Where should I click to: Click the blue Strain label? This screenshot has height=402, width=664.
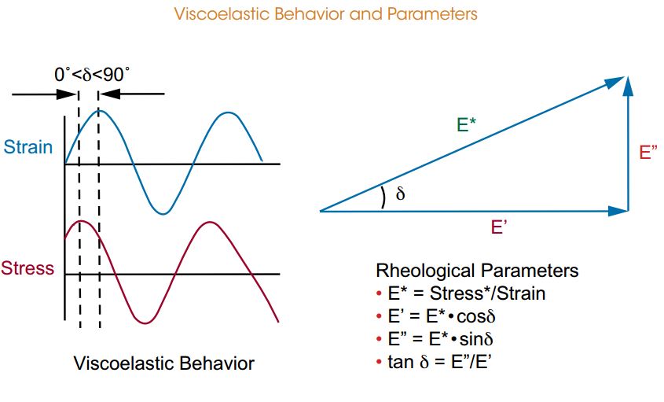click(x=28, y=147)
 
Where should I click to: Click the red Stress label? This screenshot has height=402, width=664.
click(x=28, y=268)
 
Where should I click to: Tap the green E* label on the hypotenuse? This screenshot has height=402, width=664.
click(x=466, y=124)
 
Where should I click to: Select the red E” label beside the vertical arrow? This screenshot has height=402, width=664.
click(x=648, y=153)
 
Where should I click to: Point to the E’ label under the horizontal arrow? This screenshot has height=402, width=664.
click(x=499, y=227)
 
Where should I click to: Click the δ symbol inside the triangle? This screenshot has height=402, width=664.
click(x=400, y=194)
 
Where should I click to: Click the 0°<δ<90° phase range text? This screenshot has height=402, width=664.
click(x=92, y=75)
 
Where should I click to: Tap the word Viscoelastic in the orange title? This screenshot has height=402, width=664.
click(x=222, y=14)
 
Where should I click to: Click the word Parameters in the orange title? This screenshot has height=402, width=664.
click(x=432, y=14)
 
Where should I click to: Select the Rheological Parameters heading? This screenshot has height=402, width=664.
click(x=477, y=270)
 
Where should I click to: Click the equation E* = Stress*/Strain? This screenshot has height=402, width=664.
click(x=466, y=293)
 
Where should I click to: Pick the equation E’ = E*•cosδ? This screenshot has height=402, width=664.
click(x=442, y=316)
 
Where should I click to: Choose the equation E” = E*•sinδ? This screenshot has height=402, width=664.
click(x=440, y=339)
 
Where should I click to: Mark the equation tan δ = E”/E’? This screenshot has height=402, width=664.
click(x=439, y=362)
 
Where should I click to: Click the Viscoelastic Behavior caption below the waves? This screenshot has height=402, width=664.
click(x=164, y=363)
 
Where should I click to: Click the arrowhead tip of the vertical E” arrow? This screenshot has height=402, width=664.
click(x=629, y=77)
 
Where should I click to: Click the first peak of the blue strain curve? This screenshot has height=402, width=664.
click(x=98, y=110)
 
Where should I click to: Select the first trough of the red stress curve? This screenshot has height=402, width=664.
click(x=145, y=323)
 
